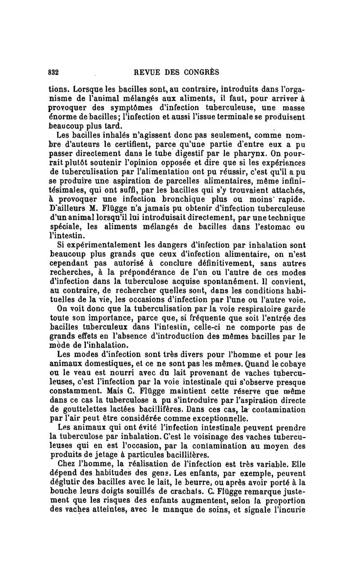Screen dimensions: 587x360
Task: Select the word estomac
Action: [x=279, y=228]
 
